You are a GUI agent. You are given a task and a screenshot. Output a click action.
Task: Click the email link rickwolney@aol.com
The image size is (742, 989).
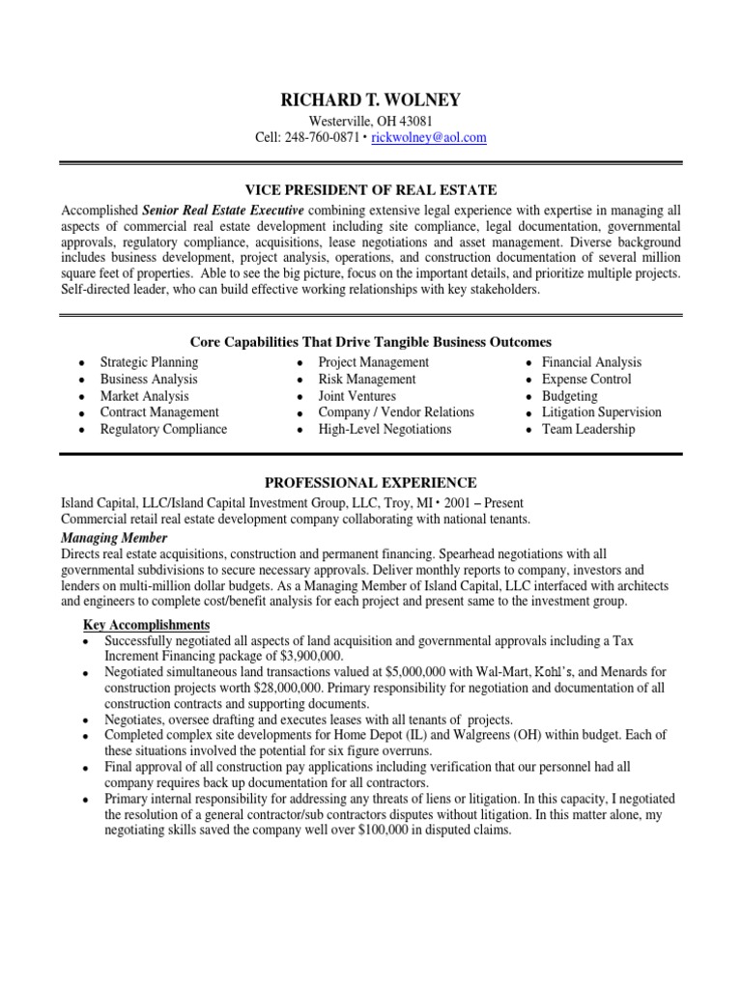[429, 138]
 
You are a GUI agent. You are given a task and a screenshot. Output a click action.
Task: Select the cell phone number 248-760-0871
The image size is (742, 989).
[322, 138]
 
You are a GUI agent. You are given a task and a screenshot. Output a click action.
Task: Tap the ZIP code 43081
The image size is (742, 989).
[414, 121]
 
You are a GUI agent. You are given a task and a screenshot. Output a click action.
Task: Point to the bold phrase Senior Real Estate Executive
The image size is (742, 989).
[223, 210]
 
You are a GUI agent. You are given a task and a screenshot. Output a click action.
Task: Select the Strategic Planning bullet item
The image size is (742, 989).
[149, 362]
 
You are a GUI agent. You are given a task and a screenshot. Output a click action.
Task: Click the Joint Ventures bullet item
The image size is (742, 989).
[357, 396]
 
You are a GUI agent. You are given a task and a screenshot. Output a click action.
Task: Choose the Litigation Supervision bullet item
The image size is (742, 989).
[601, 412]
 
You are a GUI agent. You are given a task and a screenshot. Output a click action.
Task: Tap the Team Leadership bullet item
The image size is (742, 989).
[587, 429]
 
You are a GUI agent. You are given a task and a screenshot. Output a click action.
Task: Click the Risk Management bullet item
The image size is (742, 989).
[366, 380]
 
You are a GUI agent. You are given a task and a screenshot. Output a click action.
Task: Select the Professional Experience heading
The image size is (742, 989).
[371, 482]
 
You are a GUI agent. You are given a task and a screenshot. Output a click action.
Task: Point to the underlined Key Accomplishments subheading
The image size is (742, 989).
[145, 625]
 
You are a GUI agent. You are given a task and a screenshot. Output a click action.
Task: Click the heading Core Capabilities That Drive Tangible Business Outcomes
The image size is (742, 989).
[371, 342]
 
